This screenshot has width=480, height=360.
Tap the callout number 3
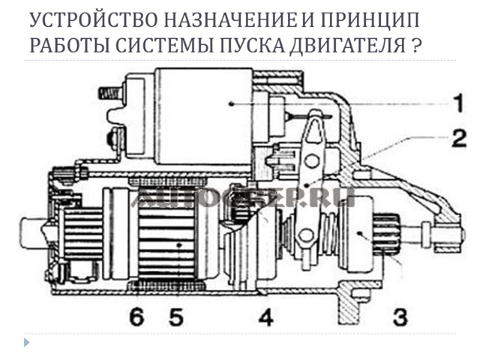point(398,316)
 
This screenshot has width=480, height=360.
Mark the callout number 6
point(137,316)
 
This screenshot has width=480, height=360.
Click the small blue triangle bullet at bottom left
point(26,343)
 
